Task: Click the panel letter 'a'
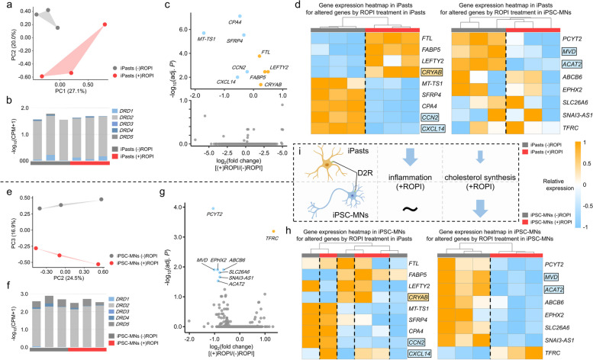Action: coord(5,5)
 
